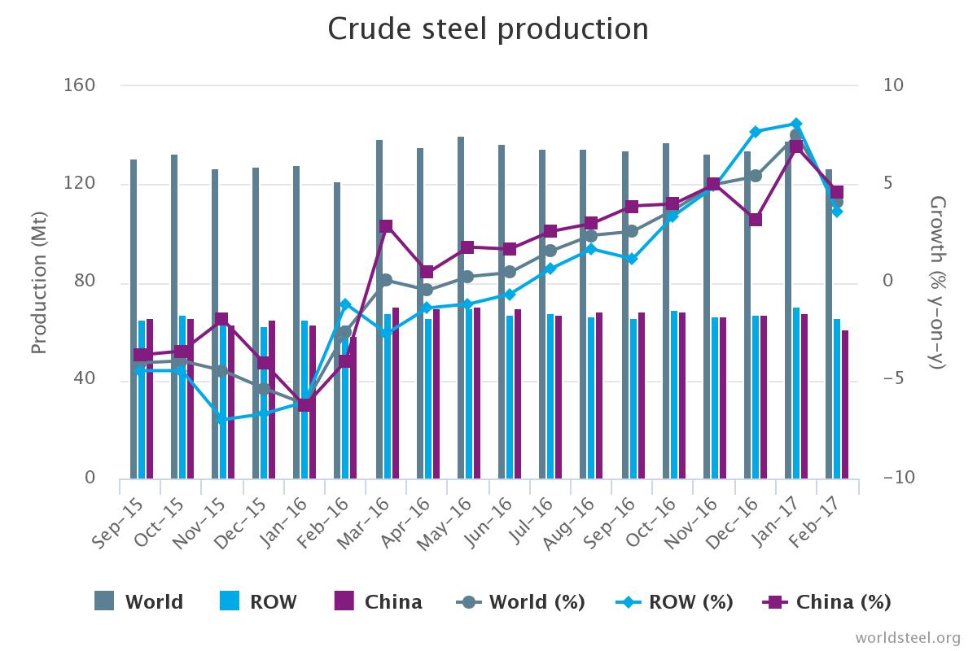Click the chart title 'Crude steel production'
tap(488, 29)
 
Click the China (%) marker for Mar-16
tap(386, 226)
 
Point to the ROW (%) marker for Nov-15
tap(221, 419)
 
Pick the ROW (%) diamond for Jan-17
tap(796, 124)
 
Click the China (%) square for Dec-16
tap(756, 219)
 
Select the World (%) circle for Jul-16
tap(550, 251)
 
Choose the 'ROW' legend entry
tap(258, 602)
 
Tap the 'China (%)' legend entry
tap(826, 602)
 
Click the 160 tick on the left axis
tap(80, 85)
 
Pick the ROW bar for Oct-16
tap(674, 395)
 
